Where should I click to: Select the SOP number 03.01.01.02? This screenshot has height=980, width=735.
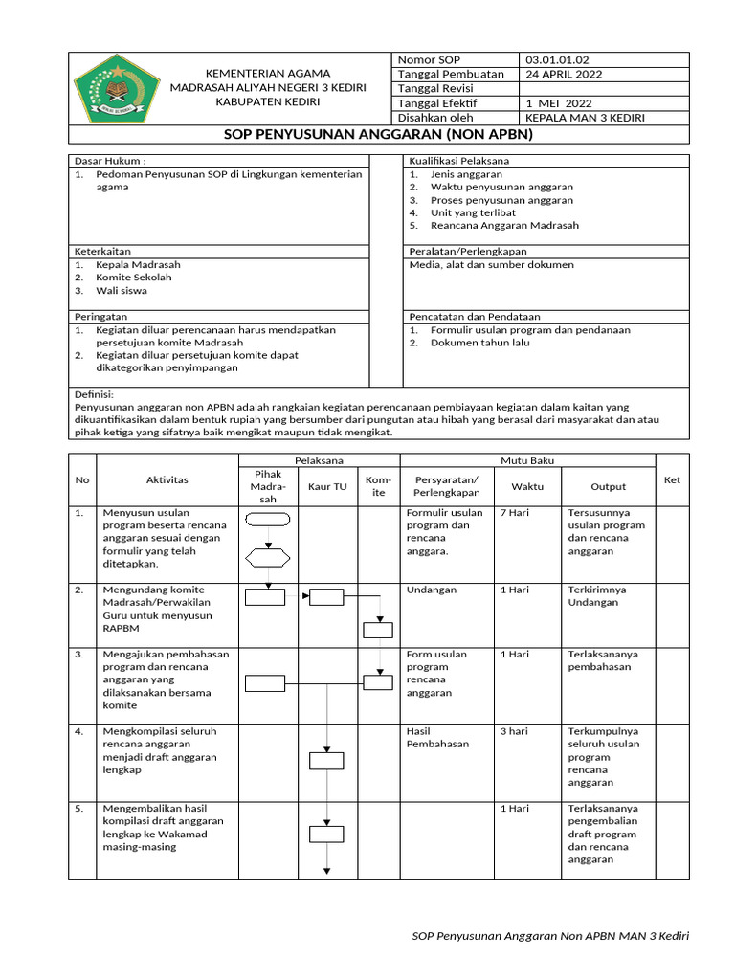(563, 59)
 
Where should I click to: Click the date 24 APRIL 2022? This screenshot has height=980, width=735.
(564, 74)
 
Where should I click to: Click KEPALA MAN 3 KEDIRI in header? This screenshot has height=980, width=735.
(586, 118)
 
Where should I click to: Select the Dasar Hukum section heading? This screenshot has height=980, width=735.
(110, 161)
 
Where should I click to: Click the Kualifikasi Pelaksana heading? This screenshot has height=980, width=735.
(458, 161)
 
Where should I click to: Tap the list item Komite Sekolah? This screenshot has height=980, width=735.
(134, 278)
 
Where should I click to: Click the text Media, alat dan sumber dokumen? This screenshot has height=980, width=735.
(491, 264)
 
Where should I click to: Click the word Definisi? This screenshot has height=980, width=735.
(94, 394)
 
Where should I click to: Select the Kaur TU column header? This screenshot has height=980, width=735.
(327, 486)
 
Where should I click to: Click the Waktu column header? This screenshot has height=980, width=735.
(526, 486)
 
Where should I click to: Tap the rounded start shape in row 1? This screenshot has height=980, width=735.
(268, 521)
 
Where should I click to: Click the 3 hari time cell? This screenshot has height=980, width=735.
(514, 731)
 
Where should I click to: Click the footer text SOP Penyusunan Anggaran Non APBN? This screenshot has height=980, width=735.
(549, 935)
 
